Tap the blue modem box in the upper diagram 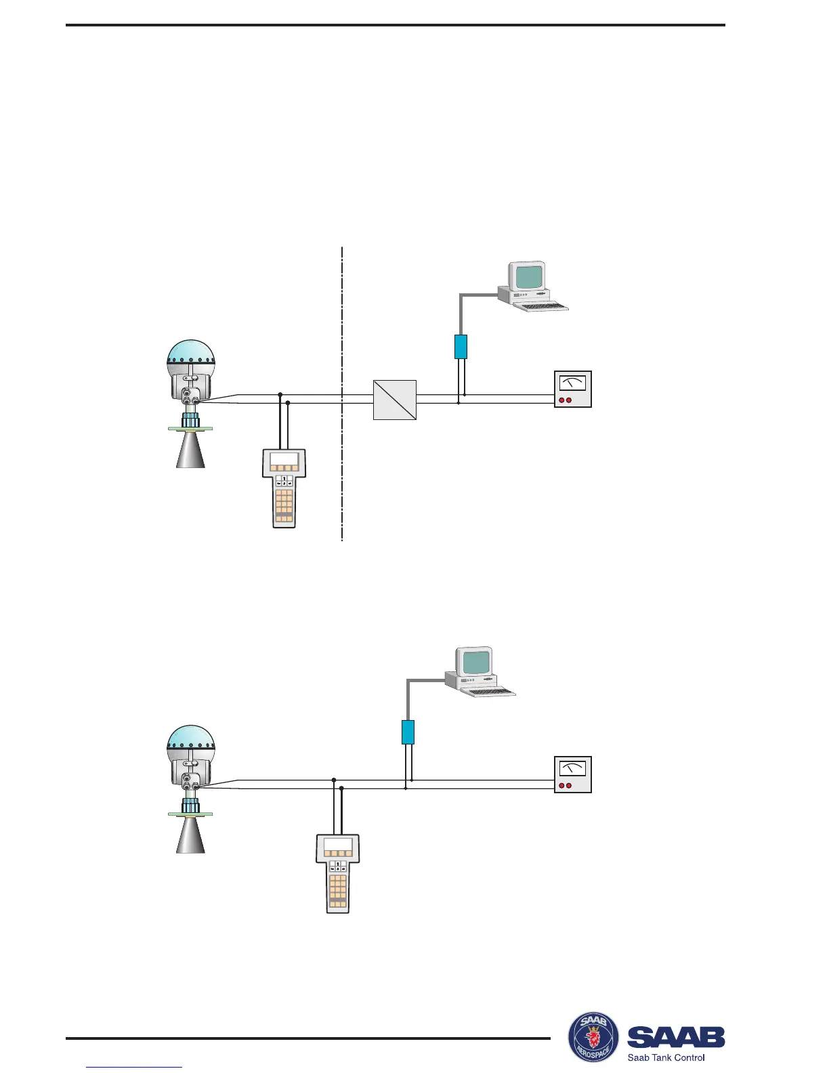461,346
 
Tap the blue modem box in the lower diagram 408,732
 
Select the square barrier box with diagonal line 395,400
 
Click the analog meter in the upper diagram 572,389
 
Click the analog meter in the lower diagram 572,774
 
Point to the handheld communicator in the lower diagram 338,874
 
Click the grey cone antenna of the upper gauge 190,450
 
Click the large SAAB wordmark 676,1036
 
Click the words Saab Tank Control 666,1057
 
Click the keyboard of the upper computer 540,306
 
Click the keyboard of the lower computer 487,691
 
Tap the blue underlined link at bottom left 135,1067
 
